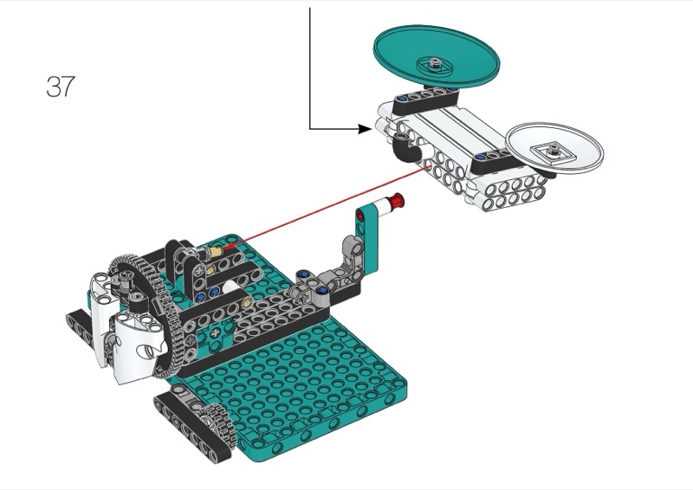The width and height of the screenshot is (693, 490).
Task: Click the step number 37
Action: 60,87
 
